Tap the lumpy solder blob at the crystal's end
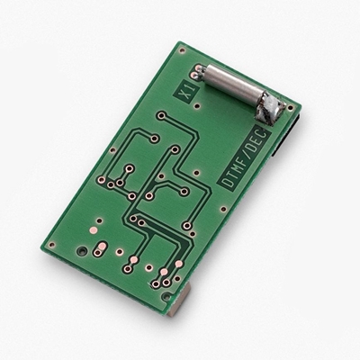(x=270, y=109)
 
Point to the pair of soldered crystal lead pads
(x=197, y=72)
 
